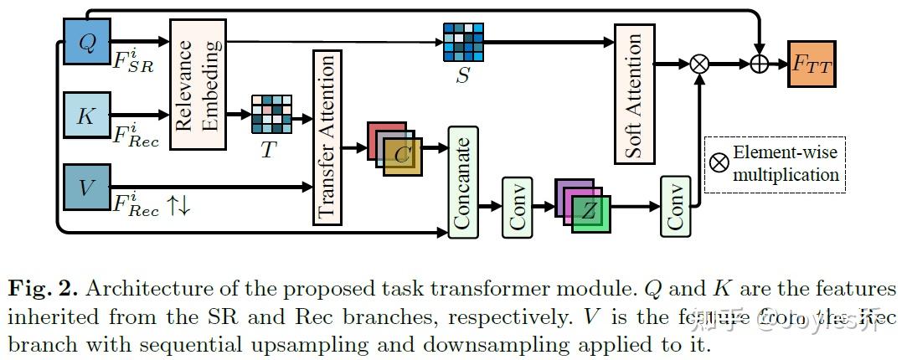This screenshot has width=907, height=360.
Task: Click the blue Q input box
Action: tap(86, 40)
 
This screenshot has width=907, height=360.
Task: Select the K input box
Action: tap(86, 116)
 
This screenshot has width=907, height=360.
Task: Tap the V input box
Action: tap(86, 187)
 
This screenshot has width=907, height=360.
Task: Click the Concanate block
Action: tap(462, 181)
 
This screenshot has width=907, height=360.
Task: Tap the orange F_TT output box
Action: tap(812, 64)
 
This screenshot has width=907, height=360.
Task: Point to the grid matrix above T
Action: tap(271, 115)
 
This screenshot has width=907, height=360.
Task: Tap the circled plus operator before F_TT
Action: tap(760, 64)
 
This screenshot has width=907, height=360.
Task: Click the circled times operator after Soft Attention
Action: tap(698, 64)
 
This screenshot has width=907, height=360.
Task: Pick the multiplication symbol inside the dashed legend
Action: tap(719, 162)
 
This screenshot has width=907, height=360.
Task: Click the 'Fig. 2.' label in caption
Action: tap(42, 290)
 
